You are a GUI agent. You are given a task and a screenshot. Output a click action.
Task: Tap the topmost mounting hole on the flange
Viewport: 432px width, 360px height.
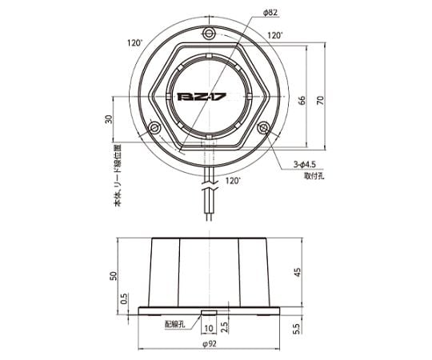(210, 34)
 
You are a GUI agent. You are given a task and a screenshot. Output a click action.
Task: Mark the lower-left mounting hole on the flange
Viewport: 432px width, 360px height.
(154, 126)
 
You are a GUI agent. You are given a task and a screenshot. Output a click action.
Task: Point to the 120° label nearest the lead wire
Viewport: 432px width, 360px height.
(233, 182)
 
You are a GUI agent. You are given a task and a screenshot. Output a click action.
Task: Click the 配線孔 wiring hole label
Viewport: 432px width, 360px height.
(174, 324)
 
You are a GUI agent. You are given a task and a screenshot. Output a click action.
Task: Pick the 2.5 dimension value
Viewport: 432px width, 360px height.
(225, 327)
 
